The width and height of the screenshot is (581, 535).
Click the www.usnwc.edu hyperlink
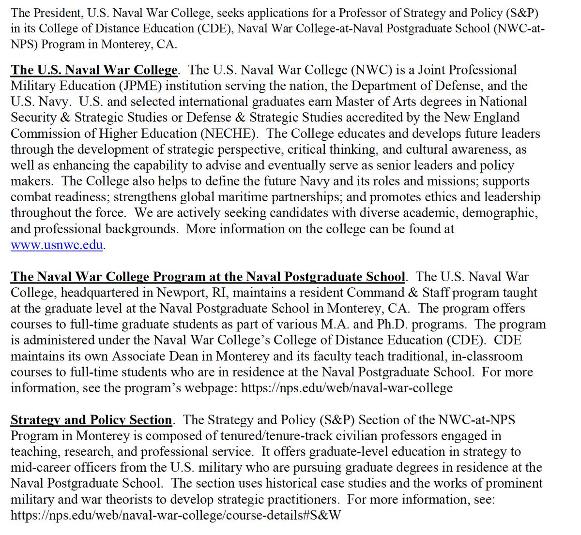(57, 245)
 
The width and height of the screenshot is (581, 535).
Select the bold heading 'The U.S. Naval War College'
(94, 70)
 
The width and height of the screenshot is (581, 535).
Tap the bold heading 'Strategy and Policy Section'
(91, 420)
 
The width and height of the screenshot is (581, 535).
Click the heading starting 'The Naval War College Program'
(208, 277)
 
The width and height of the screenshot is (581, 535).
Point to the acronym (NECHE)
(235, 134)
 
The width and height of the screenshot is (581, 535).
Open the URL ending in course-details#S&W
(176, 515)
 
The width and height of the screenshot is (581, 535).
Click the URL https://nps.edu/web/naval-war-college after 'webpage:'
(347, 388)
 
